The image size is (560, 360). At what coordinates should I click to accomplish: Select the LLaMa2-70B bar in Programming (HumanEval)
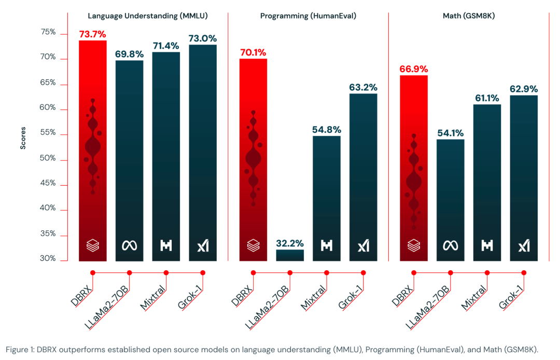coord(290,255)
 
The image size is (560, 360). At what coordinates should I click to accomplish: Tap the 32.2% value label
coord(290,243)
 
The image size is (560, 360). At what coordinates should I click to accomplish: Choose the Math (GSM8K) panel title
coord(469,16)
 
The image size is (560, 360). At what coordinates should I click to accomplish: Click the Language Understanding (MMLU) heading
coord(148,16)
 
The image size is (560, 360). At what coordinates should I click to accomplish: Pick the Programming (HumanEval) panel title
coord(308,16)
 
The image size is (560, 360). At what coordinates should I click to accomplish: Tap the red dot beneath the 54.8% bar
coord(326,272)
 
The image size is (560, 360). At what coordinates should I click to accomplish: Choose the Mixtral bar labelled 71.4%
coord(166,156)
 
